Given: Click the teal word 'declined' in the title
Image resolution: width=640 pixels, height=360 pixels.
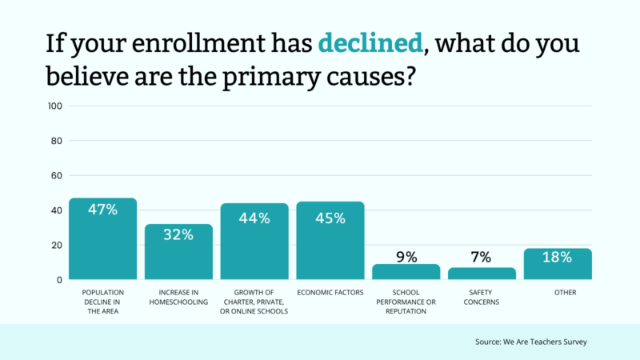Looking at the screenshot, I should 370,42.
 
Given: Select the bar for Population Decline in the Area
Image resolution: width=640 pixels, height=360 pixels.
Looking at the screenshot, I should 102,240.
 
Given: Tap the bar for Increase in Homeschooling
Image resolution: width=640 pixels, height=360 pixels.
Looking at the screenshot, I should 178,254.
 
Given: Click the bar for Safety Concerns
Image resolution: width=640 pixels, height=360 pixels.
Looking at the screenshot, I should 482,274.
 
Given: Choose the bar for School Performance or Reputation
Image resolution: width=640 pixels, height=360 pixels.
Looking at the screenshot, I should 406,272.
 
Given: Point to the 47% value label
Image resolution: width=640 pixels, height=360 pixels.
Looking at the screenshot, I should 102,210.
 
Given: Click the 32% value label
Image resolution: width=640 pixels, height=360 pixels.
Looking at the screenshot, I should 178,235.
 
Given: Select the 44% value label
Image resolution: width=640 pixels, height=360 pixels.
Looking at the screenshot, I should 254,216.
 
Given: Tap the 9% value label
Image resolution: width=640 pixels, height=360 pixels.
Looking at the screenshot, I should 406,257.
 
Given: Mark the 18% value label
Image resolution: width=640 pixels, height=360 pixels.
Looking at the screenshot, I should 558,257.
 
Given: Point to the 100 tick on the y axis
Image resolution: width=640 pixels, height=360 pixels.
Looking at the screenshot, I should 55,106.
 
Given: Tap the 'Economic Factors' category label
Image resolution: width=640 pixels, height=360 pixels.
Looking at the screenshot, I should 330,293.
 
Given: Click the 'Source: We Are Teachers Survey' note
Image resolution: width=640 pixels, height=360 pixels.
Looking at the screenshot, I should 529,342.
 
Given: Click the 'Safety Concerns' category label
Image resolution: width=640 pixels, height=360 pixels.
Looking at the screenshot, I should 482,297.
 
